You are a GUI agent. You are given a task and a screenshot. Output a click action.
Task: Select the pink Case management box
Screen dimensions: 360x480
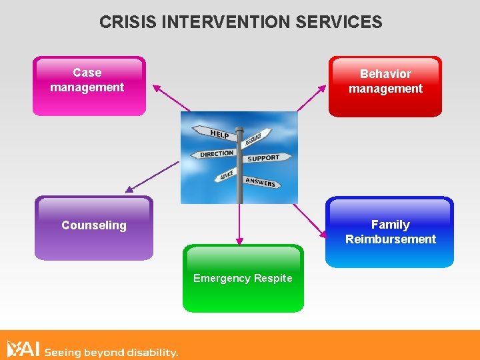tap(89, 86)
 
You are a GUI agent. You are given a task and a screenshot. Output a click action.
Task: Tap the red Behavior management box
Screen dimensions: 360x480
tap(385, 87)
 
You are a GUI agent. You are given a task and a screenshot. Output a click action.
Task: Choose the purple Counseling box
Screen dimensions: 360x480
tap(94, 227)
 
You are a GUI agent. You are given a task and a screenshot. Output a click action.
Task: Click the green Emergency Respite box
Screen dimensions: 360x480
tap(243, 278)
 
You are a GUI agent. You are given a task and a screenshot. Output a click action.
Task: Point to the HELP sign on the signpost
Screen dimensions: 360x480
tap(219, 134)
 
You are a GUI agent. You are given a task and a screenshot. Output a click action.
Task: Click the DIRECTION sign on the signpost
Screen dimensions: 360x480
tap(217, 154)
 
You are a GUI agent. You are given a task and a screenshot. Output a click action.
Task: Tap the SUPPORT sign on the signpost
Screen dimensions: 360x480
tap(263, 158)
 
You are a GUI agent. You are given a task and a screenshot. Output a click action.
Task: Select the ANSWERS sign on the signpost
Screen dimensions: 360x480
tap(260, 181)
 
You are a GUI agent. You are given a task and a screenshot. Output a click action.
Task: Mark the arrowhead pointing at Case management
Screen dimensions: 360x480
tap(157, 87)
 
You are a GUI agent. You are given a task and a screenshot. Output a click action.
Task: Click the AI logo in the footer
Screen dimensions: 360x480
tap(23, 349)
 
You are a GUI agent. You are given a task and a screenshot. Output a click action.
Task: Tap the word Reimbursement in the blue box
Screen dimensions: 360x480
tap(390, 239)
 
